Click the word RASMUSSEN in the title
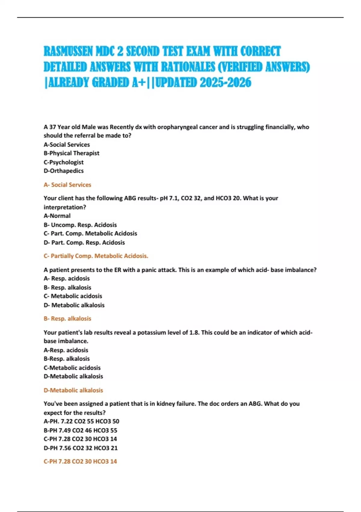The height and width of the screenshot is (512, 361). [68, 52]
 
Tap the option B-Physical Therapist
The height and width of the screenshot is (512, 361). [71, 153]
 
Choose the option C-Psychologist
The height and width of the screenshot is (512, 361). [63, 162]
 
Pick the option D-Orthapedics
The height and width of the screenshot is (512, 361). [63, 171]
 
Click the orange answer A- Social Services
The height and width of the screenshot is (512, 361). [67, 185]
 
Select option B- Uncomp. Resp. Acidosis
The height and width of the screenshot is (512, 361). [80, 225]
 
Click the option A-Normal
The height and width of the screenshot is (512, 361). [57, 216]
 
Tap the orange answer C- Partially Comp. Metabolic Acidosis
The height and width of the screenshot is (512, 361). [96, 256]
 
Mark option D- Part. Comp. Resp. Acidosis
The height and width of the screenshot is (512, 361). [84, 242]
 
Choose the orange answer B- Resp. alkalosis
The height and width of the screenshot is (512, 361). [67, 319]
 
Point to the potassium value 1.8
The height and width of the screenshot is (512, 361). [194, 332]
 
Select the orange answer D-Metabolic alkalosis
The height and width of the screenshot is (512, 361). [73, 390]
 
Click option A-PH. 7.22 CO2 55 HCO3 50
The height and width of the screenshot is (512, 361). [81, 421]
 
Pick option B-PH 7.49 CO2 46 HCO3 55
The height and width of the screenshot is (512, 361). [80, 430]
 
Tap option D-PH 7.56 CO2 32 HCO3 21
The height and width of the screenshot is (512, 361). [81, 448]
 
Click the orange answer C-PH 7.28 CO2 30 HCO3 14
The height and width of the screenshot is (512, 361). [80, 461]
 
